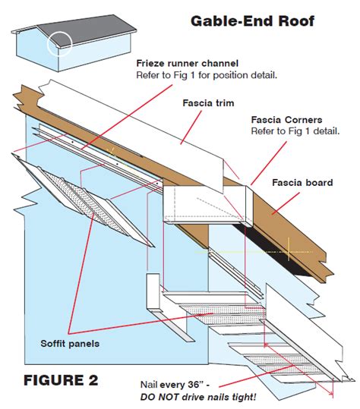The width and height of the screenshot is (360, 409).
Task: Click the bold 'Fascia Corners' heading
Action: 286,120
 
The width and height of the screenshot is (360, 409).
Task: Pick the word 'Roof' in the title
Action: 314,20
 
